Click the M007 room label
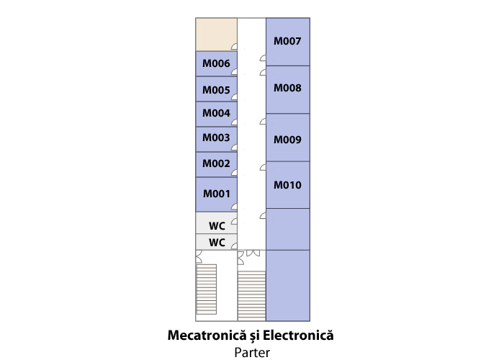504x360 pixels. (287, 41)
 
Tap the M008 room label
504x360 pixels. (287, 88)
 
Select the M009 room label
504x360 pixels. (287, 140)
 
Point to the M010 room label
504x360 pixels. (287, 185)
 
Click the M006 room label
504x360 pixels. (216, 63)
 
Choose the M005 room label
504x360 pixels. (216, 90)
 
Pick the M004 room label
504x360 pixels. (216, 113)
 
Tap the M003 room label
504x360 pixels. (216, 138)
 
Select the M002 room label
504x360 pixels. (216, 163)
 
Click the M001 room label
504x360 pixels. (217, 194)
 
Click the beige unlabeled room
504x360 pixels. (216, 35)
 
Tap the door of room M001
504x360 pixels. (234, 207)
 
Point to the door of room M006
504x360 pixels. (234, 71)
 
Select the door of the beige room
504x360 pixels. (234, 46)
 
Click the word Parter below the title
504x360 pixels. (252, 352)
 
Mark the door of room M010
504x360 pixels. (263, 167)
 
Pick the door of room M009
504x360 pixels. (263, 121)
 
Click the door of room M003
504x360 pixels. (234, 147)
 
